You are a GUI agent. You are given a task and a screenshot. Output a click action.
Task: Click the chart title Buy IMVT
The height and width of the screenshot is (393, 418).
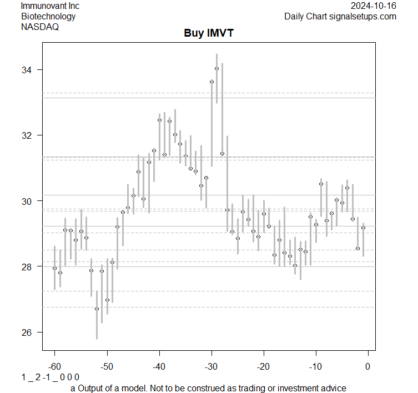[x=209, y=33]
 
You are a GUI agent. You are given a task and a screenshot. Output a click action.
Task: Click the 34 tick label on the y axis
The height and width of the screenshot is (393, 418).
[x=27, y=70]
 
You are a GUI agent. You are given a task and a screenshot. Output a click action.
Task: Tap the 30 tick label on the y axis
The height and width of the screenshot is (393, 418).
[x=27, y=201]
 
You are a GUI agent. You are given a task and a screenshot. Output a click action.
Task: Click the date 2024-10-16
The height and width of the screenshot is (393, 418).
[x=374, y=6]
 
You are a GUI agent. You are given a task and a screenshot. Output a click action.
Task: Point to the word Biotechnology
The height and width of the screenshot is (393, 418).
[x=48, y=16]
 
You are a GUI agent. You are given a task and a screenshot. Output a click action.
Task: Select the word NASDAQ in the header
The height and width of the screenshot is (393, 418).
[x=40, y=26]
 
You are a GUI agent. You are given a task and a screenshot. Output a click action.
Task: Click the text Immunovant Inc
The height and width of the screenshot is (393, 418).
[x=50, y=6]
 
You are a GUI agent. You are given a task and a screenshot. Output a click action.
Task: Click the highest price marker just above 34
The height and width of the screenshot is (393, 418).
[x=216, y=68]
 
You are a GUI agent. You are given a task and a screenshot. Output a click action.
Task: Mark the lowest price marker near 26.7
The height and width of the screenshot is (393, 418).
[x=97, y=309]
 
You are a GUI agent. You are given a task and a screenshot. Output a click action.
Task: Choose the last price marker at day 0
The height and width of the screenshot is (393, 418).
[x=363, y=228]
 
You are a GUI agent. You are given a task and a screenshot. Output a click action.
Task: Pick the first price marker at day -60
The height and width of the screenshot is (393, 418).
[x=54, y=268]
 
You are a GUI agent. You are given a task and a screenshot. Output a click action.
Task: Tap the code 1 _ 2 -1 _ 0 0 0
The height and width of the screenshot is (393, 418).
[x=51, y=377]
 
